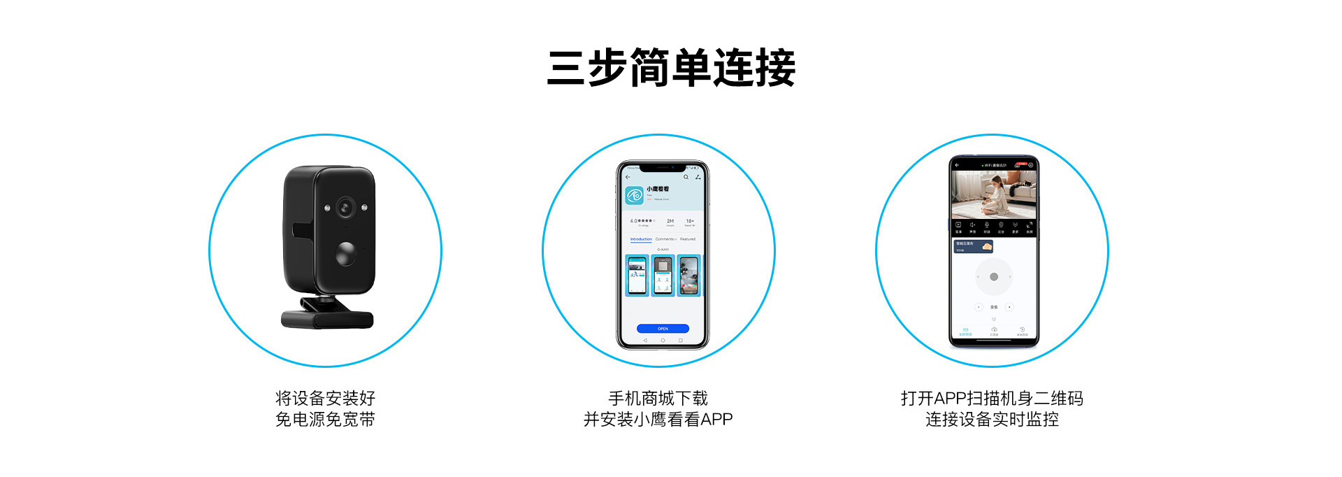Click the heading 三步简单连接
671,68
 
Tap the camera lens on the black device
345,208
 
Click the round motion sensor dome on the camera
345,254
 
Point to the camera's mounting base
327,316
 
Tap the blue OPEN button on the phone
663,329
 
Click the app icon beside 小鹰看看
635,195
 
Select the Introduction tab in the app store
641,239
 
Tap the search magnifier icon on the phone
686,178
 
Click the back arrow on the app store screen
628,178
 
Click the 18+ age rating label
690,221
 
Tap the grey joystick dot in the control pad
994,277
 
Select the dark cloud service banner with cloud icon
974,246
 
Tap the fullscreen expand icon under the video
1029,225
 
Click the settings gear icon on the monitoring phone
1030,165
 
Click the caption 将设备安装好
325,399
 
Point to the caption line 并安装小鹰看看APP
658,420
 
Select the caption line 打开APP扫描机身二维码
992,399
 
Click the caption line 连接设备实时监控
992,420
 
